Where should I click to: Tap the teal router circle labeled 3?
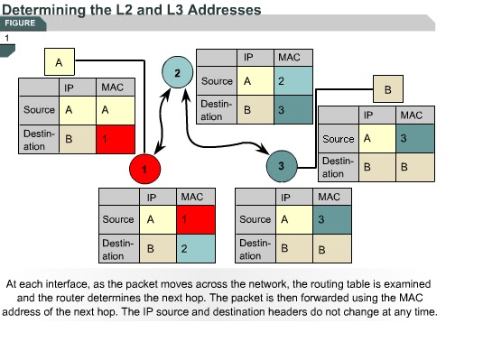pyautogui.click(x=282, y=165)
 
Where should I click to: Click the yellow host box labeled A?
pyautogui.click(x=59, y=62)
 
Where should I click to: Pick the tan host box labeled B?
pyautogui.click(x=388, y=90)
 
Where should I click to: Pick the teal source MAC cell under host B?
pyautogui.click(x=410, y=139)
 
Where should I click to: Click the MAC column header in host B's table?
pyautogui.click(x=410, y=115)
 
